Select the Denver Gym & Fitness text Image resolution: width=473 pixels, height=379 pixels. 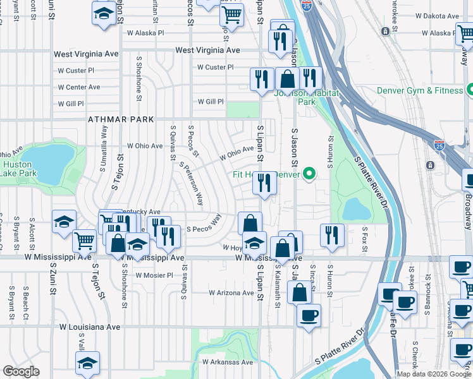pyautogui.click(x=420, y=90)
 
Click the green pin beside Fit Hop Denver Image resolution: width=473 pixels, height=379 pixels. pyautogui.click(x=309, y=173)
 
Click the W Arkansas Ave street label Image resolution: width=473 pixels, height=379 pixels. pyautogui.click(x=228, y=362)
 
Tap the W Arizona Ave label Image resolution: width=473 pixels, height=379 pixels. pyautogui.click(x=231, y=293)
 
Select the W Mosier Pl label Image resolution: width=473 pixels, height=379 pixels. pyautogui.click(x=151, y=275)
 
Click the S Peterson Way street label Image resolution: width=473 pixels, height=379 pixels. pyautogui.click(x=191, y=184)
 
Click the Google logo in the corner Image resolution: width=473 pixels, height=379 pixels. pyautogui.click(x=21, y=371)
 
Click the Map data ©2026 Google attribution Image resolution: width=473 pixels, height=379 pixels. pyautogui.click(x=434, y=374)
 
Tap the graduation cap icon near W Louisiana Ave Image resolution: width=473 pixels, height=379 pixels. pyautogui.click(x=88, y=363)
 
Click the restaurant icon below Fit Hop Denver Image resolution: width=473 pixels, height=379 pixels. pyautogui.click(x=264, y=183)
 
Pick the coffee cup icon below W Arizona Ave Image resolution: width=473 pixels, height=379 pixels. pyautogui.click(x=309, y=315)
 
